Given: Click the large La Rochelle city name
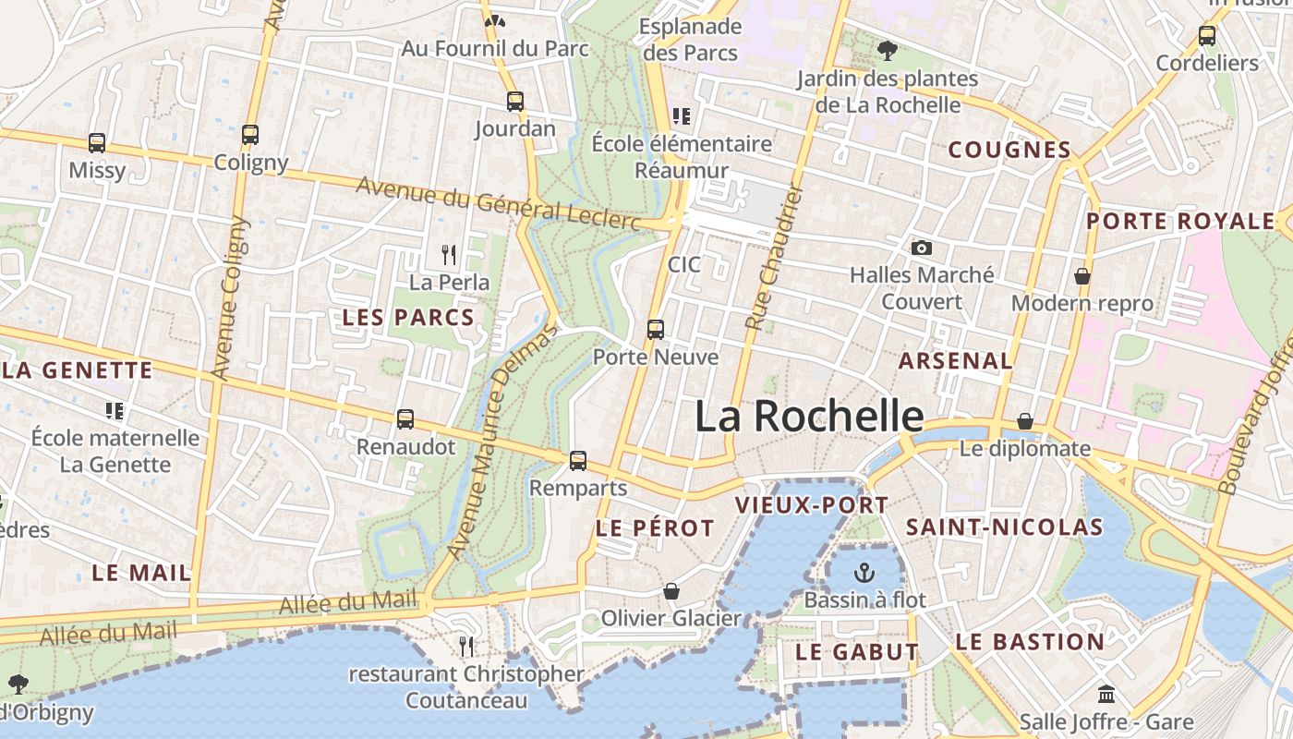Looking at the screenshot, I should coord(808,417).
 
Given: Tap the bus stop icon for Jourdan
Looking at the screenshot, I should coord(515,102).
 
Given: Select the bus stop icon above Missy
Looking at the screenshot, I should coord(97,143).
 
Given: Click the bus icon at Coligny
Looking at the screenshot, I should coord(250,135).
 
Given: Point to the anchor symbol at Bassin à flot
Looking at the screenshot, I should coord(864,572).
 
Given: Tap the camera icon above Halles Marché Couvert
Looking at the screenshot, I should coord(921,248).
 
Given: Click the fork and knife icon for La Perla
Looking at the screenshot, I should coord(449,254).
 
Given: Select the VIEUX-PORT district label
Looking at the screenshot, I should coord(811,505).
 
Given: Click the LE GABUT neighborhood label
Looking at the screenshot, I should coord(856,652).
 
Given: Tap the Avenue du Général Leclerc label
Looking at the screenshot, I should coord(498,203).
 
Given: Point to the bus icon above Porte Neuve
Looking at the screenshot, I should coord(656,329).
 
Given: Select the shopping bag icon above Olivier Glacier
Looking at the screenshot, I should coord(671,591).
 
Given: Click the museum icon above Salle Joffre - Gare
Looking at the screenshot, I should coord(1106,694).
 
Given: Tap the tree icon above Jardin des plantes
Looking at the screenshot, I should coord(888,50).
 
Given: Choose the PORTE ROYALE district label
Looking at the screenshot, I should coord(1179,222).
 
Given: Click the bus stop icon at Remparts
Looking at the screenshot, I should coord(578,460).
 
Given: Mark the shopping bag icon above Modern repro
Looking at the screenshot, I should coord(1082,276).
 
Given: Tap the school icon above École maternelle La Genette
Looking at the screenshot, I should coord(115,410).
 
